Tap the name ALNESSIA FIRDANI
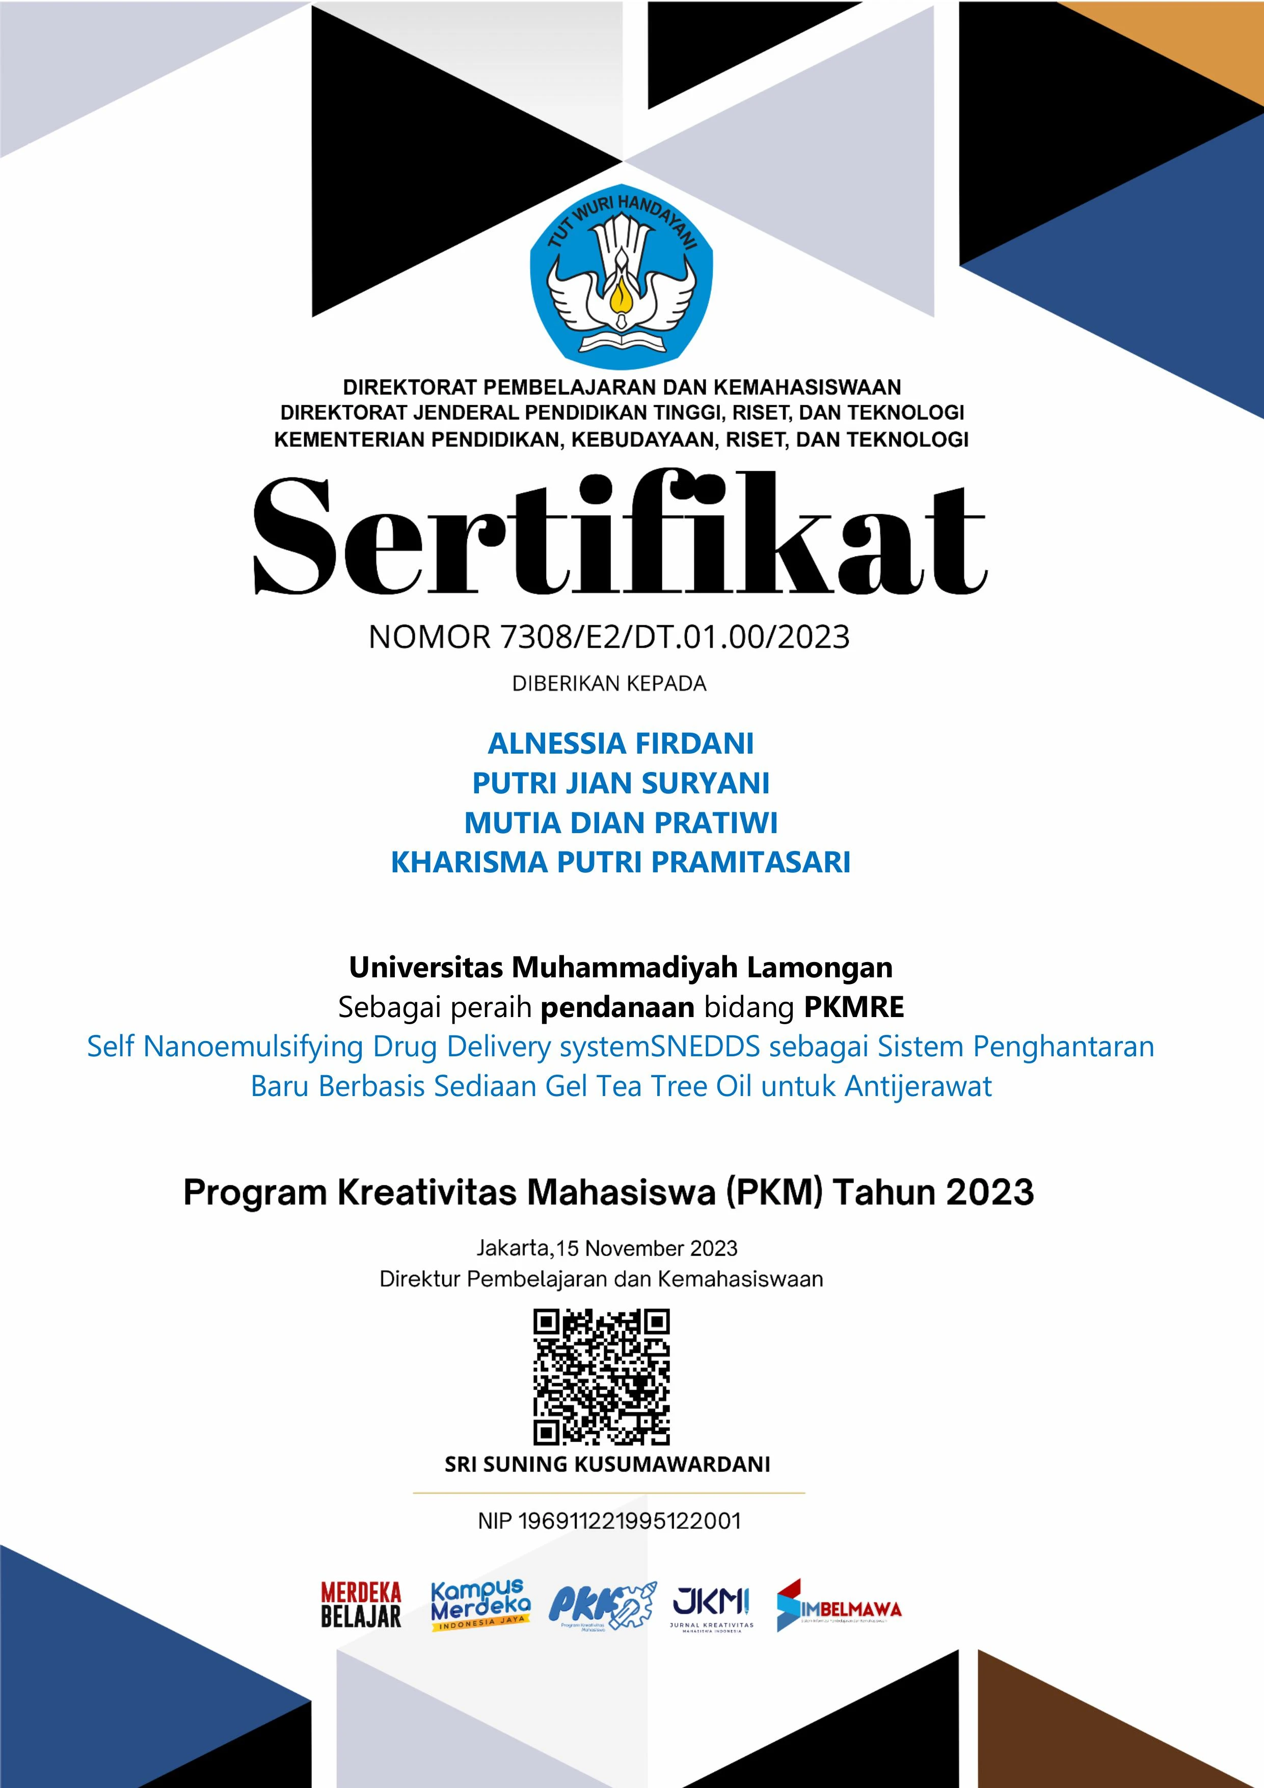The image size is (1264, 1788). [621, 744]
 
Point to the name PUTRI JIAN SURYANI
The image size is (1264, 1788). [621, 783]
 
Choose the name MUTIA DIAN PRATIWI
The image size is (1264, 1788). [621, 823]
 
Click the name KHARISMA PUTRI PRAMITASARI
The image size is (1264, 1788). [621, 863]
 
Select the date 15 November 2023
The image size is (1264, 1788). [647, 1248]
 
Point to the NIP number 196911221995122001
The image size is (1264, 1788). [629, 1521]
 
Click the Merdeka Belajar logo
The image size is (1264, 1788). [361, 1605]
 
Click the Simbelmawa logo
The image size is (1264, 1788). [838, 1605]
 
